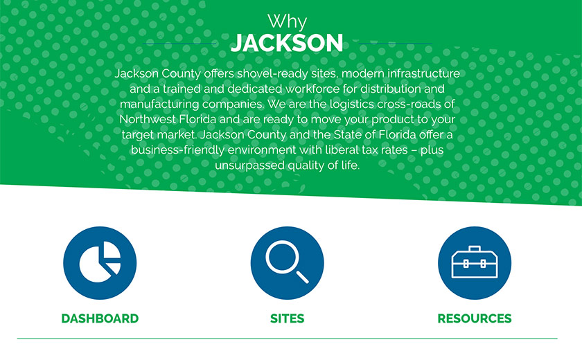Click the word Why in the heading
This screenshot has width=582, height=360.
pos(287,21)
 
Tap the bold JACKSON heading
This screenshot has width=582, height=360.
pos(287,43)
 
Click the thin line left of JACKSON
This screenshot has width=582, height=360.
pos(179,44)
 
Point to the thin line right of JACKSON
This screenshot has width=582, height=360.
pos(396,44)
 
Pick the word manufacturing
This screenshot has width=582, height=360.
pos(159,105)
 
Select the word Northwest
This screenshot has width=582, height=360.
pos(148,119)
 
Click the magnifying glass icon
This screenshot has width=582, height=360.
pos(287,263)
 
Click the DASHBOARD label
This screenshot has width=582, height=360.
pos(100,318)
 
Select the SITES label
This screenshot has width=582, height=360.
pos(287,318)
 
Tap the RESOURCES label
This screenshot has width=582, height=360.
pos(475,318)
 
